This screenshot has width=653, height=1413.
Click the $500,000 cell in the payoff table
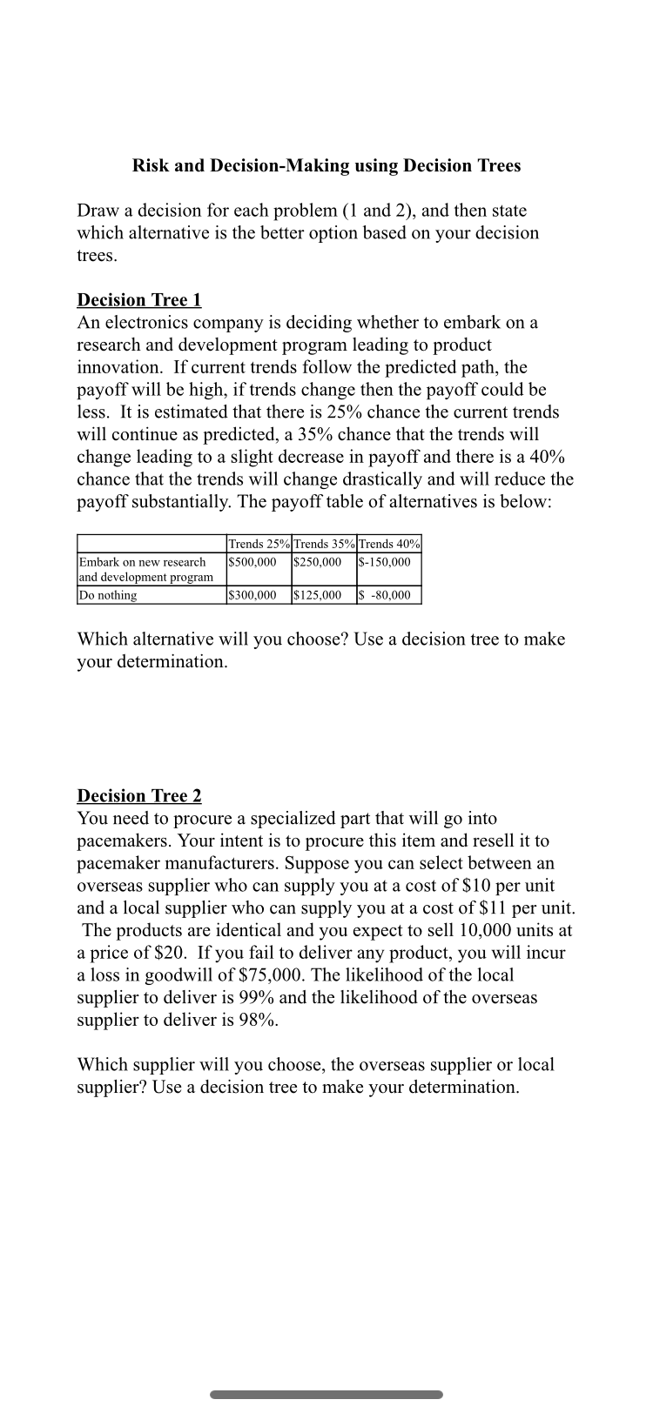pos(252,562)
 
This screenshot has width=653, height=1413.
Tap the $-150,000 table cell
pos(385,562)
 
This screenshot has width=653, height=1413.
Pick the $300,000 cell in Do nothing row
pos(252,596)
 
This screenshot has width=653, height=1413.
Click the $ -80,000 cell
pos(385,596)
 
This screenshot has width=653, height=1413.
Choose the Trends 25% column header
pos(259,544)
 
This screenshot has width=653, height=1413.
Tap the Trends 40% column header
pos(389,544)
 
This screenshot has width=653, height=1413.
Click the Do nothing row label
pos(108,596)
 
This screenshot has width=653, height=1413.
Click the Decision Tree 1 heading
pos(139,300)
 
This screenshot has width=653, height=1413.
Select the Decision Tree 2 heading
pos(139,796)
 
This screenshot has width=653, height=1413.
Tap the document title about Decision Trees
pos(326,165)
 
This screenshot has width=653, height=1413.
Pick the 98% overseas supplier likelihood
pos(258,1021)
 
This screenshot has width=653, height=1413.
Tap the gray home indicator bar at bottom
pos(326,1395)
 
